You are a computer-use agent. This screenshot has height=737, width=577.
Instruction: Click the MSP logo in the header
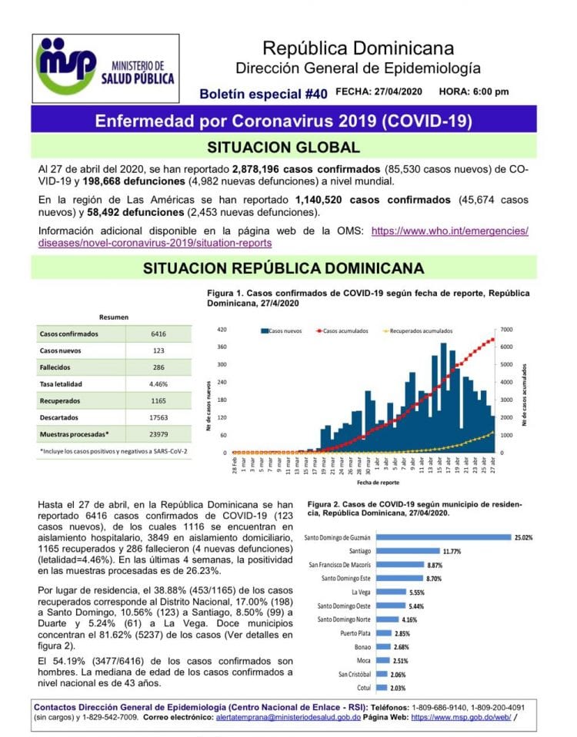106,67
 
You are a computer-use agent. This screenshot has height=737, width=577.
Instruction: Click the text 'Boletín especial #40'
262,94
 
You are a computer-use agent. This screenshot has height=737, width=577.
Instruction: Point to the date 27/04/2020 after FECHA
394,92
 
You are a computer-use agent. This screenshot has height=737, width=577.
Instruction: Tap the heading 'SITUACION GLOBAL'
284,148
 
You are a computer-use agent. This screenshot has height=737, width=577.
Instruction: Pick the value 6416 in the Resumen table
158,334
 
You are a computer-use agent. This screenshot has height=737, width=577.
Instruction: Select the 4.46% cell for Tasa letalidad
158,383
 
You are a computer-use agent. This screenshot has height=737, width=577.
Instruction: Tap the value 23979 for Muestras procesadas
158,433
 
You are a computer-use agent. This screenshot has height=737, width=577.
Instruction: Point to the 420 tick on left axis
222,329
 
